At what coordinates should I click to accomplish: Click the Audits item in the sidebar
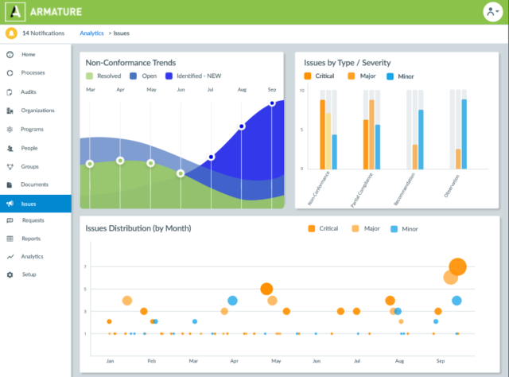click(29, 91)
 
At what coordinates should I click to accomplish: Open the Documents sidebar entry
click(34, 185)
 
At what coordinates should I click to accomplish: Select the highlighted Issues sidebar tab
click(29, 204)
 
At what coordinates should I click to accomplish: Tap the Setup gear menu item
click(29, 274)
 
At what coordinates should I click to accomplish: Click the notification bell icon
click(11, 33)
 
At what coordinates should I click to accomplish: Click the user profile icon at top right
click(492, 12)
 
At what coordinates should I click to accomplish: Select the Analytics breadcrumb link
click(92, 33)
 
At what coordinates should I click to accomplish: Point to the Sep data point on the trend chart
click(272, 103)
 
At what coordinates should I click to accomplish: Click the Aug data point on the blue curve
click(242, 126)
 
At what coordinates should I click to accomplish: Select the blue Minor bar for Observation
click(464, 134)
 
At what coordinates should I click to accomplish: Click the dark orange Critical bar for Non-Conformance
click(322, 134)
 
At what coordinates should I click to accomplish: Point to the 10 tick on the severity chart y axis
click(301, 90)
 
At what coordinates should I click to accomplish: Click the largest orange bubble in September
click(457, 267)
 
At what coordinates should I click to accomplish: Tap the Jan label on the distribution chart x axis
click(110, 361)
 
